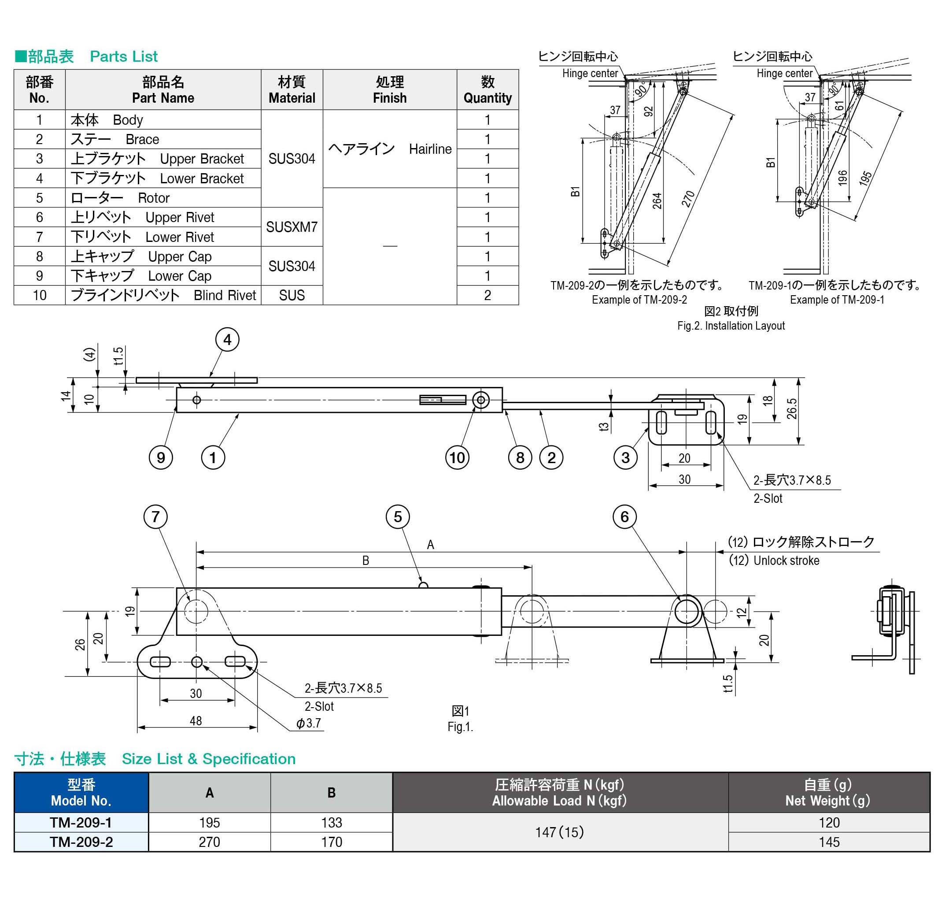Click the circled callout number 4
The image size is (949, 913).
pyautogui.click(x=227, y=340)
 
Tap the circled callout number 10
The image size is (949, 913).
pyautogui.click(x=457, y=457)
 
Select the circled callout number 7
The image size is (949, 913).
pyautogui.click(x=155, y=516)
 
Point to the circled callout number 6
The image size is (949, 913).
pyautogui.click(x=624, y=516)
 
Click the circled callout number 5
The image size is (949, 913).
pyautogui.click(x=398, y=516)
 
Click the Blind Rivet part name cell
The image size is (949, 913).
pyautogui.click(x=163, y=295)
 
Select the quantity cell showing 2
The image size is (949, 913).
pyautogui.click(x=487, y=295)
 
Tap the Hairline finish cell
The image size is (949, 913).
pyautogui.click(x=389, y=148)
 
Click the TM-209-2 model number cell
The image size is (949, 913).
pyautogui.click(x=81, y=842)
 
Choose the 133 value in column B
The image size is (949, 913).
pyautogui.click(x=331, y=822)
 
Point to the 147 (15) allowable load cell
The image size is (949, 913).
pyautogui.click(x=560, y=832)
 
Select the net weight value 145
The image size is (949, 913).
pyautogui.click(x=828, y=842)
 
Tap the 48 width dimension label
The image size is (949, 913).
pyautogui.click(x=196, y=721)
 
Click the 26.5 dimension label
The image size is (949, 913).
pyautogui.click(x=791, y=408)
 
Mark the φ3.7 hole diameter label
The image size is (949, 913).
pyautogui.click(x=309, y=723)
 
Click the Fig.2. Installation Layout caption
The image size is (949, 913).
pyautogui.click(x=731, y=326)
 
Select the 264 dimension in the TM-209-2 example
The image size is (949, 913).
pyautogui.click(x=657, y=200)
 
